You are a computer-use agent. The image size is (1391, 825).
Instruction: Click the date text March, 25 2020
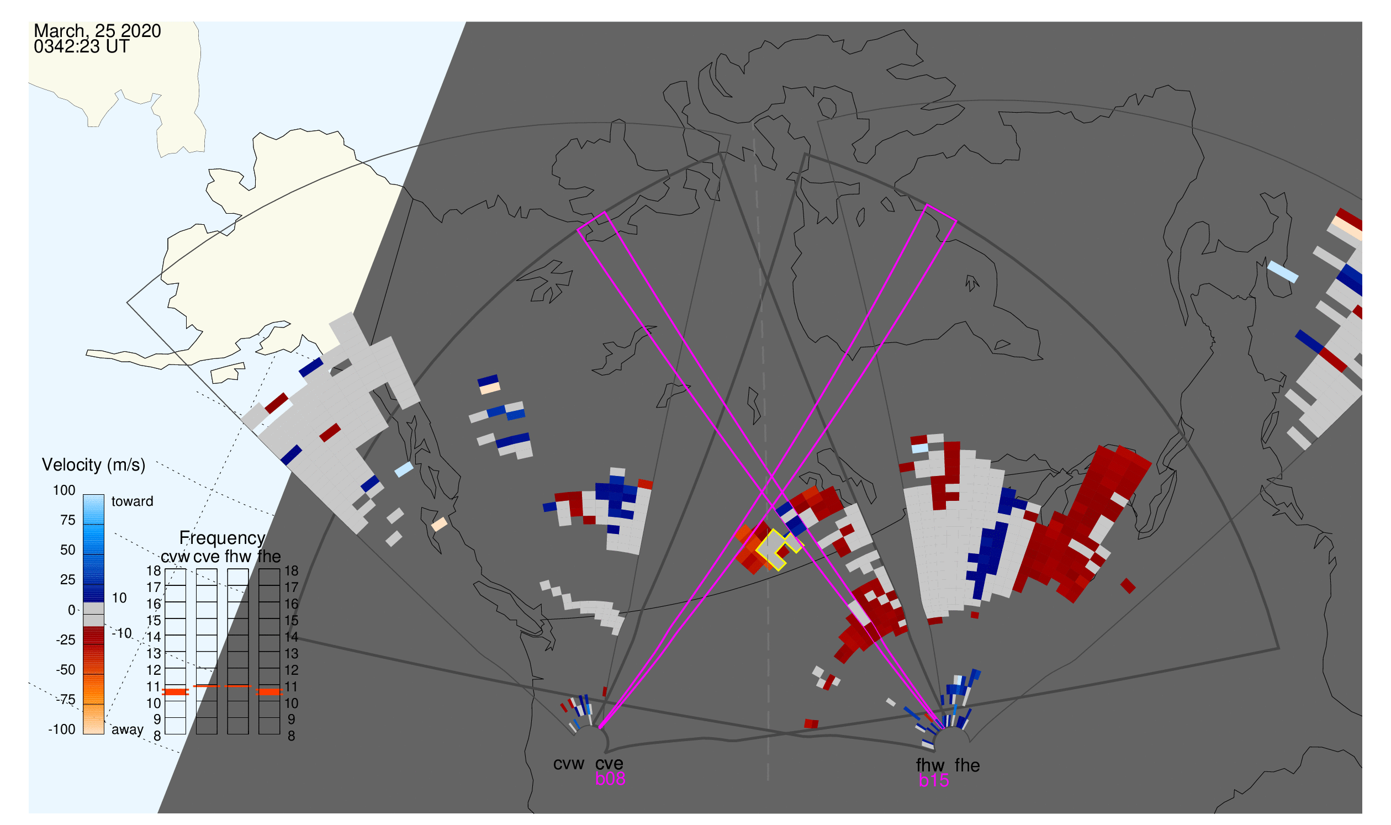point(97,31)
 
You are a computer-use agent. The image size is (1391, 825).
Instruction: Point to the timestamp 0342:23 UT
point(81,47)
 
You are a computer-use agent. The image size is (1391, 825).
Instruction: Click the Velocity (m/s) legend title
point(94,466)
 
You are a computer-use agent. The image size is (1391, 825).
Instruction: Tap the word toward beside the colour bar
point(133,502)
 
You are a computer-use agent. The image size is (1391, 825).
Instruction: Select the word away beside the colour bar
point(128,730)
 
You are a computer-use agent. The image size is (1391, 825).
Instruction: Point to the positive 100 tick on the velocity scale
point(64,491)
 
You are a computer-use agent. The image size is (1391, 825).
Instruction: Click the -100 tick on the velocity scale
point(62,730)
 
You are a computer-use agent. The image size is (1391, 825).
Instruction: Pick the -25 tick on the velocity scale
point(65,641)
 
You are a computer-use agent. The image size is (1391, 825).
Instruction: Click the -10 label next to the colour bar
point(121,634)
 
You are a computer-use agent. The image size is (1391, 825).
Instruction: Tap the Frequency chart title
point(223,538)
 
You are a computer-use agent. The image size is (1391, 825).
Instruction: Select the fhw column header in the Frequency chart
point(238,557)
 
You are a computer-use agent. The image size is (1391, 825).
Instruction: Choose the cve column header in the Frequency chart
point(207,557)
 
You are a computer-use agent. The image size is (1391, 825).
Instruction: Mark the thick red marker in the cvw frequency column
point(176,692)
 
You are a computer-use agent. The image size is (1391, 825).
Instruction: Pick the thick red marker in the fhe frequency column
point(269,692)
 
